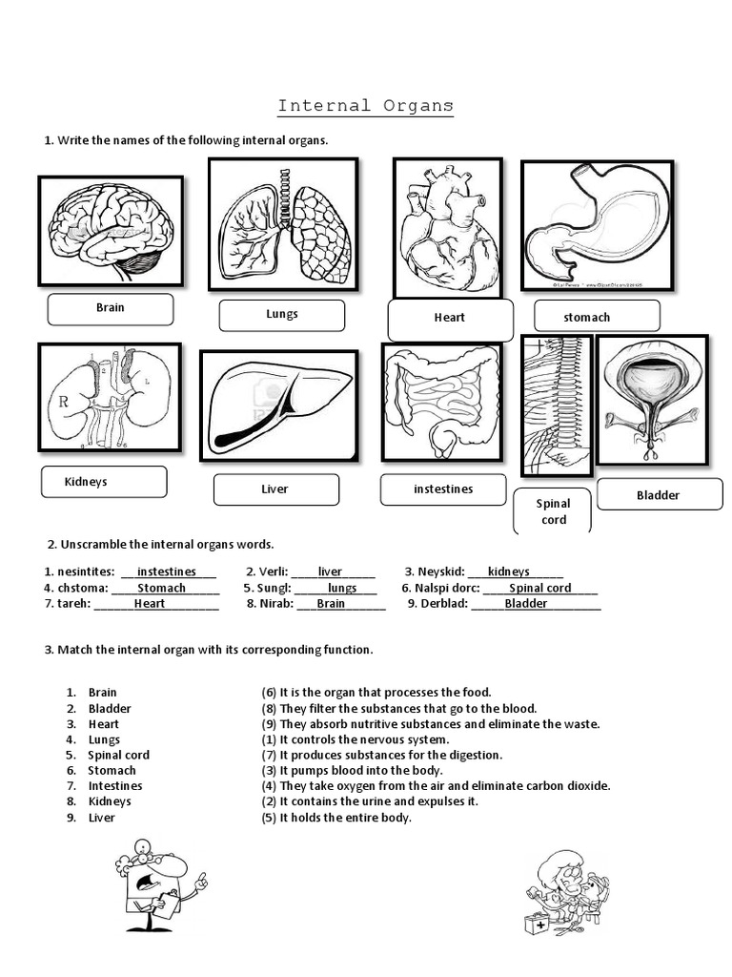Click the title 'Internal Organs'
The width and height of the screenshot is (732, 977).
(x=365, y=105)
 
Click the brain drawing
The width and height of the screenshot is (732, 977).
(x=111, y=231)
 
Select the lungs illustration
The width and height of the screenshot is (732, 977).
(x=283, y=224)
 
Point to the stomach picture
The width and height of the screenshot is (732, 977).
(x=597, y=224)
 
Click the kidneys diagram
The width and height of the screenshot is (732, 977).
(x=110, y=397)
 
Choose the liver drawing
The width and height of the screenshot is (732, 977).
(x=278, y=405)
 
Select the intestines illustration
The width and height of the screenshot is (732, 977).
(x=441, y=401)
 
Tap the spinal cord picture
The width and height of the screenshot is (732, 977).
(x=557, y=405)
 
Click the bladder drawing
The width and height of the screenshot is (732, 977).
(x=652, y=399)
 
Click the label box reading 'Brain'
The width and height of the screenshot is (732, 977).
(x=111, y=308)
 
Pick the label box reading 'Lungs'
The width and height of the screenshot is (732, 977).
(x=282, y=314)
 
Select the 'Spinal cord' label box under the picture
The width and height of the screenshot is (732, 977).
(x=553, y=511)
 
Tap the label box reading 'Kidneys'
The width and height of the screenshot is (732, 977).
(x=104, y=482)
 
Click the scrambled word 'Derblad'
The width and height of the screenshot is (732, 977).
(x=437, y=604)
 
